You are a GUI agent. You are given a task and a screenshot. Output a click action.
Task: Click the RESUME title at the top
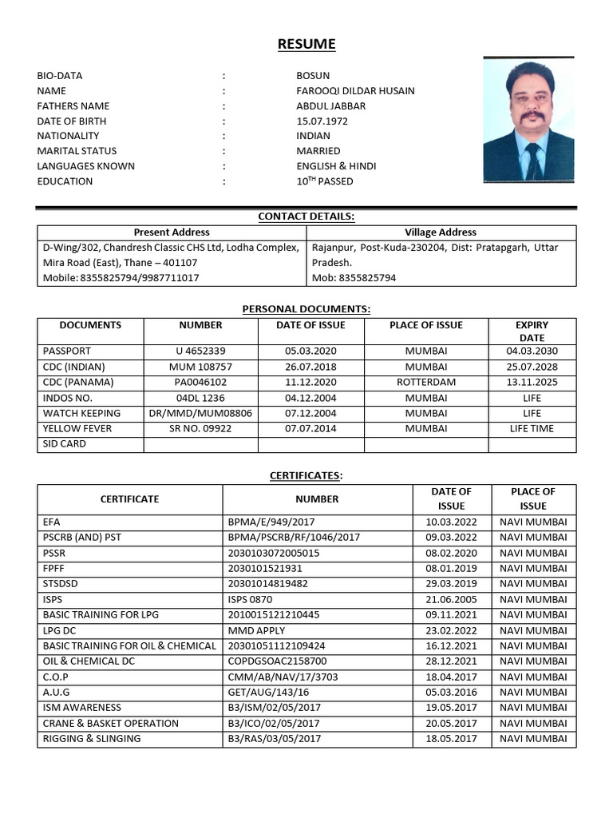click(x=306, y=44)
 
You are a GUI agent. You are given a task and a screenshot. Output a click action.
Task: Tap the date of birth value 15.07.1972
click(x=322, y=121)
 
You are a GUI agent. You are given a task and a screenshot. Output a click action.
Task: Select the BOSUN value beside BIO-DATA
click(x=313, y=76)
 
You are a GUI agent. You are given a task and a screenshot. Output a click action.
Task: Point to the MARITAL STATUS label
click(x=77, y=151)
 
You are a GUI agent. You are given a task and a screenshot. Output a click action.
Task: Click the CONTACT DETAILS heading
click(x=306, y=216)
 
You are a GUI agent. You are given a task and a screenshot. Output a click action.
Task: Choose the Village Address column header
click(x=441, y=232)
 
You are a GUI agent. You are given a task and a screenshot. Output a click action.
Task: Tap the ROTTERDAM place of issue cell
click(x=426, y=383)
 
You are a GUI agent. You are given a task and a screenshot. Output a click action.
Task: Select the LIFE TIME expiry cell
click(x=532, y=429)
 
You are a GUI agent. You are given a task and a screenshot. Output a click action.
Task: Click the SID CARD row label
click(x=65, y=444)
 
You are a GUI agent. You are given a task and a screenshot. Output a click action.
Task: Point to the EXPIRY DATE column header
click(x=532, y=332)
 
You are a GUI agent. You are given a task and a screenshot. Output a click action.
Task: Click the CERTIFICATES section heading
click(x=306, y=476)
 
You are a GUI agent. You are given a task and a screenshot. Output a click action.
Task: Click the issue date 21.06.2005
click(x=451, y=600)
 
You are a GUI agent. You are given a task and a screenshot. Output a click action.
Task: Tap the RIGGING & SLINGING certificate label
click(x=92, y=739)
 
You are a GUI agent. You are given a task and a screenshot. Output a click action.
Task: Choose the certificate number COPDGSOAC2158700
click(x=277, y=661)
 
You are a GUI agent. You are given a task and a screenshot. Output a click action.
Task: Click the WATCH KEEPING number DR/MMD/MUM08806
click(x=200, y=414)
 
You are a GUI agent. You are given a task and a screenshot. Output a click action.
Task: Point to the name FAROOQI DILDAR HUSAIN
click(x=355, y=91)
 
